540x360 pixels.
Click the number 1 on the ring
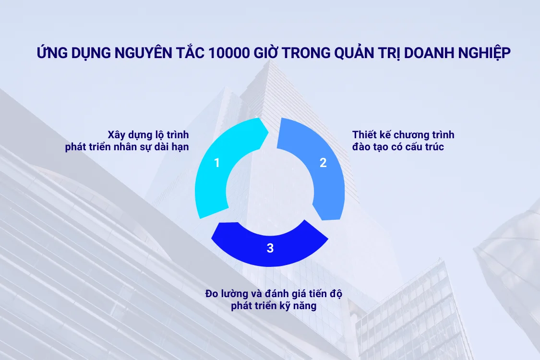click(x=217, y=163)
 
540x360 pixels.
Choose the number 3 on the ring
click(x=270, y=248)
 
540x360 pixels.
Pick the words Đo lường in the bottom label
click(x=224, y=293)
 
